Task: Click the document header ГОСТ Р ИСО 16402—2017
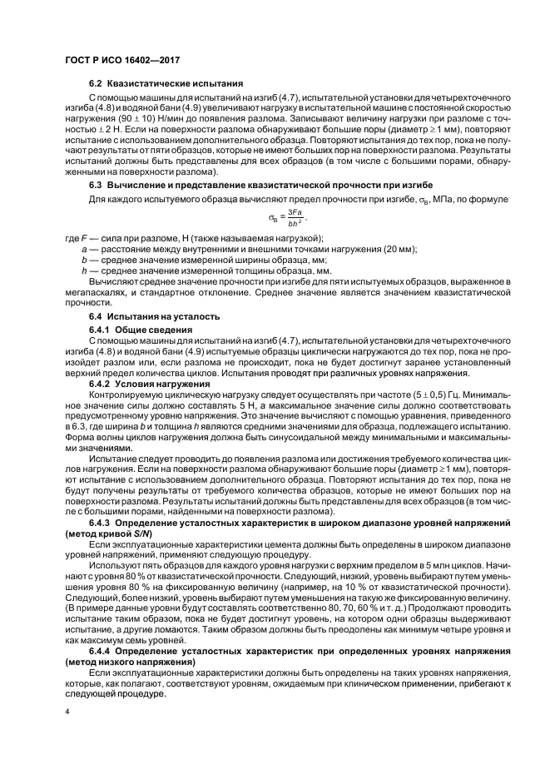coord(123,61)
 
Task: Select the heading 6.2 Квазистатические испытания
coord(166,84)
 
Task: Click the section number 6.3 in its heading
coord(95,183)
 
